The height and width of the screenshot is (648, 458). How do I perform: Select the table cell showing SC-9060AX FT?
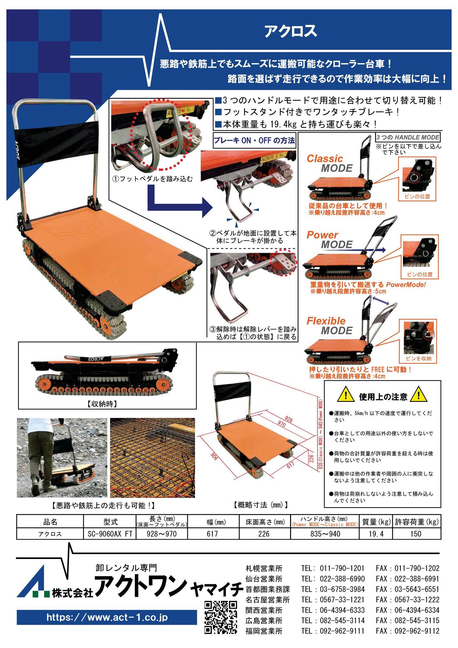point(110,534)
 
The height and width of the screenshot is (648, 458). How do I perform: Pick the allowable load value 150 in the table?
point(416,534)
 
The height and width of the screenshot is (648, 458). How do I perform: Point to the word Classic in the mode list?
point(325,158)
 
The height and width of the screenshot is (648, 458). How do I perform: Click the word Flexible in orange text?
point(326,321)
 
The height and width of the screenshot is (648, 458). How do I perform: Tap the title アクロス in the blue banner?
point(291,31)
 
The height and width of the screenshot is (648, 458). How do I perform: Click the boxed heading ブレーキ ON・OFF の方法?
point(255,141)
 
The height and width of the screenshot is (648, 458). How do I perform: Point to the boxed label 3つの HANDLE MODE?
point(408,138)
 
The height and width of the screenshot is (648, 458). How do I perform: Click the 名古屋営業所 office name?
point(267,600)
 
